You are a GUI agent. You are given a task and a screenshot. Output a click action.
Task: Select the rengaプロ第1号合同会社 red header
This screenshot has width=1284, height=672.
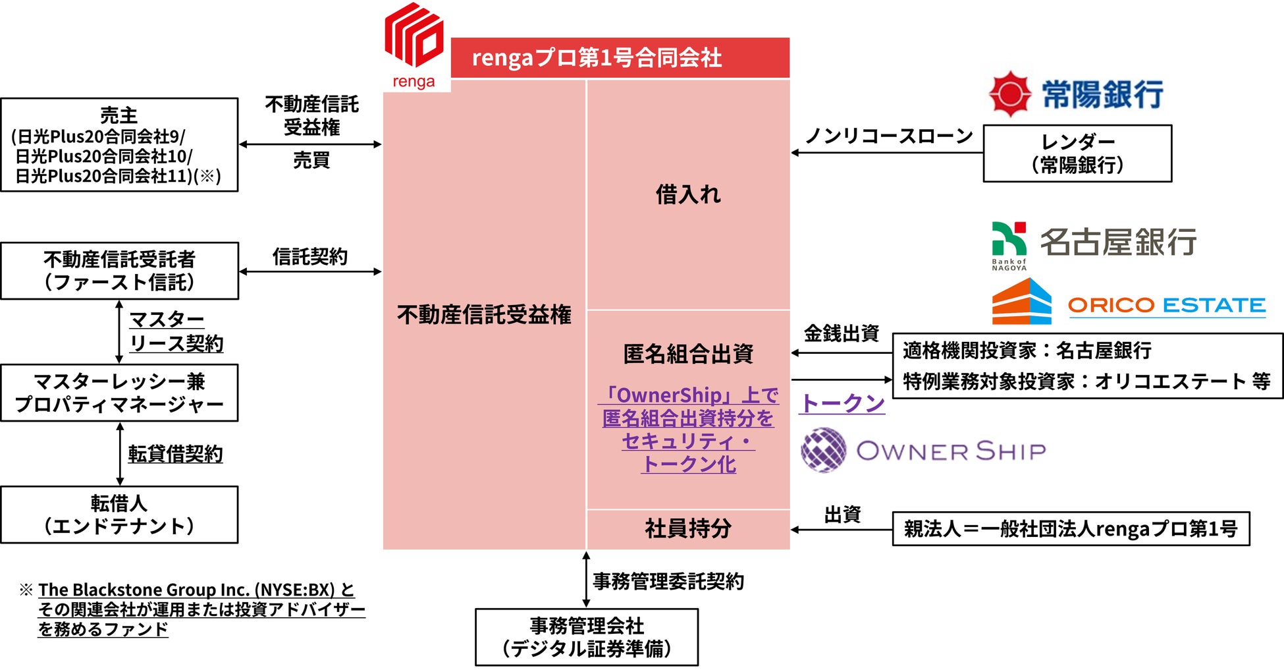(620, 58)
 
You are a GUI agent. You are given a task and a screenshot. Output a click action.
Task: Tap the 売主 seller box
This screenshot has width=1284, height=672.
(119, 145)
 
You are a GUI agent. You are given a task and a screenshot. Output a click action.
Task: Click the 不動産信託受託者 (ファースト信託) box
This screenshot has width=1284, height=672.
(119, 271)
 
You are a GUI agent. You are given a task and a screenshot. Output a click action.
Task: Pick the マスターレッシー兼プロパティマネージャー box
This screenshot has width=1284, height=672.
(119, 393)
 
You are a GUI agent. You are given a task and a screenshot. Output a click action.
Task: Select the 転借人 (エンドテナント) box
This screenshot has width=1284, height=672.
(119, 515)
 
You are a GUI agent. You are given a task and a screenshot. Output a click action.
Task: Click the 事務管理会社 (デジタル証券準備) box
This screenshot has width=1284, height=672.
(586, 637)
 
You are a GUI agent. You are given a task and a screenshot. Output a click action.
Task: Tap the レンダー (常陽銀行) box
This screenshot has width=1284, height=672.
(1077, 154)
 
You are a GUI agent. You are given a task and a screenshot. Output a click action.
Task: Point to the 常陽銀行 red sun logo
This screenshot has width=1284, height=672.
(1009, 94)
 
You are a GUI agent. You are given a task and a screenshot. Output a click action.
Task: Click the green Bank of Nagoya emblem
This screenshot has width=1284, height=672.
(1009, 239)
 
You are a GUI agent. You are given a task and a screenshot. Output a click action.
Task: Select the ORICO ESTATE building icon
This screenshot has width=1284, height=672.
(1021, 302)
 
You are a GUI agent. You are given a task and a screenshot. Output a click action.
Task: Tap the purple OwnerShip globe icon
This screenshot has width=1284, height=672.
(823, 450)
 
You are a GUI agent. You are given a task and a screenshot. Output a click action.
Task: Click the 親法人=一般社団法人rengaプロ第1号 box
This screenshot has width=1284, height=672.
(1071, 528)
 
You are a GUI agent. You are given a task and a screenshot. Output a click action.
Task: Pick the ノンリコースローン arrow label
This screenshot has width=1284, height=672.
(889, 136)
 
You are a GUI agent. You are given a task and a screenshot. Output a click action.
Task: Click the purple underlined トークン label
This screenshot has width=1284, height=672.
(842, 403)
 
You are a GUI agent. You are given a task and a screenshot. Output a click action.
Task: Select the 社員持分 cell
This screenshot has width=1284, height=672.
(688, 528)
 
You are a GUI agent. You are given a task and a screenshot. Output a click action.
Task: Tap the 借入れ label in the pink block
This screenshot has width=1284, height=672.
(688, 194)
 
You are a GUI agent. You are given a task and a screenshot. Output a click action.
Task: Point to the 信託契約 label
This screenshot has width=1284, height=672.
(309, 257)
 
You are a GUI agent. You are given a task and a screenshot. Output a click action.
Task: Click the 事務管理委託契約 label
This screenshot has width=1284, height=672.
(668, 581)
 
